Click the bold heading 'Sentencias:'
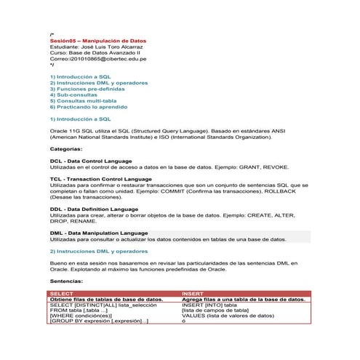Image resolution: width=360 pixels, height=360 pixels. click(66, 280)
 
